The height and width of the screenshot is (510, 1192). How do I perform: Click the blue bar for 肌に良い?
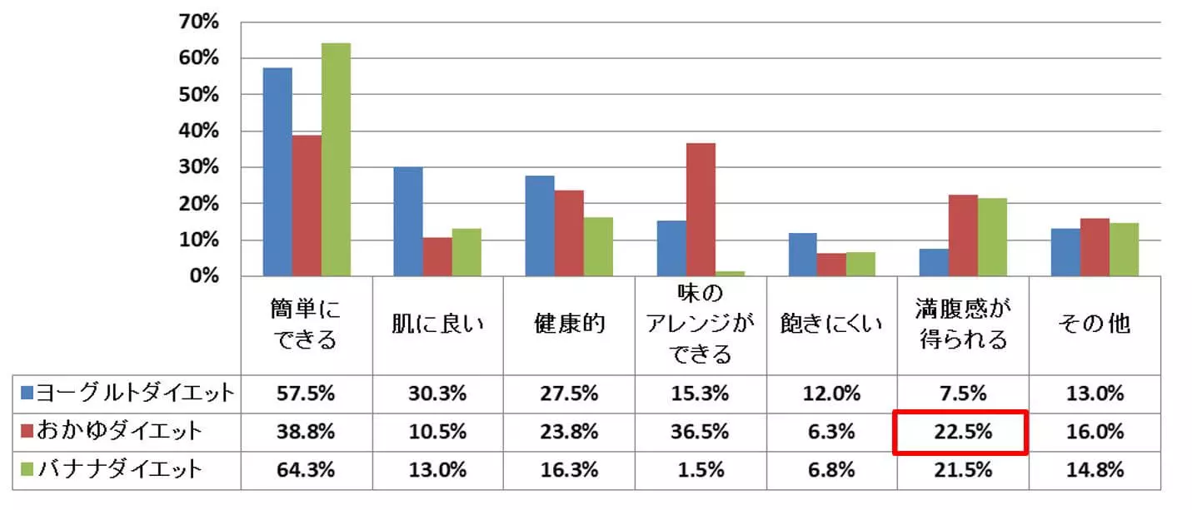click(x=408, y=221)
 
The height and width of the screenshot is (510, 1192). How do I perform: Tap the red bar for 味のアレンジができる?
click(x=701, y=210)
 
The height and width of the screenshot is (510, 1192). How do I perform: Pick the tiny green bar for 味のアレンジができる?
click(x=730, y=273)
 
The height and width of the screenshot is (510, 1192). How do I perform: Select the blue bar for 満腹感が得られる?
click(x=934, y=262)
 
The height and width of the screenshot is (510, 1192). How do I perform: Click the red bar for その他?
click(x=1095, y=247)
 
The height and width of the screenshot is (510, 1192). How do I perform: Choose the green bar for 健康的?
click(x=598, y=246)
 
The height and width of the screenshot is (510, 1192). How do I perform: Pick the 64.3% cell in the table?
click(x=307, y=470)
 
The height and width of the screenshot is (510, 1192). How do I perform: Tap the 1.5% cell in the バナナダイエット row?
click(x=701, y=470)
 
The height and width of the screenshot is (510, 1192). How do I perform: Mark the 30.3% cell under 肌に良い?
click(x=437, y=394)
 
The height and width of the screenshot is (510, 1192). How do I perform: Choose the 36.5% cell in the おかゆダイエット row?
click(x=701, y=433)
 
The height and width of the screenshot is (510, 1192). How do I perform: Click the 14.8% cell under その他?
click(x=1095, y=470)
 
